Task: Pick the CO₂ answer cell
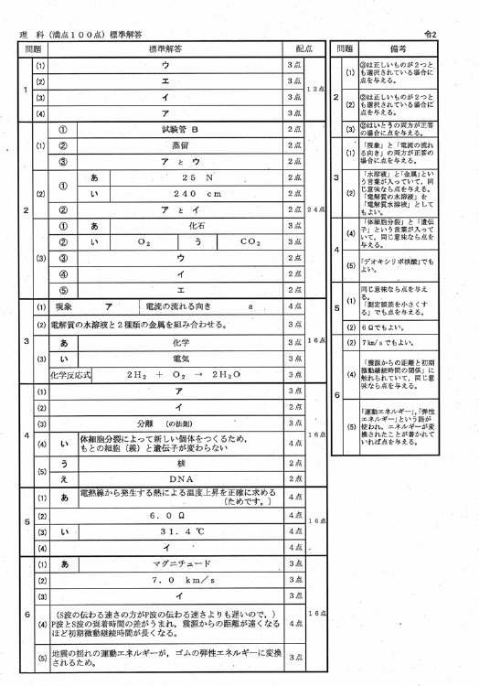pyautogui.click(x=250, y=241)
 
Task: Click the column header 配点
pyautogui.click(x=303, y=47)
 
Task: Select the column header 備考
pyautogui.click(x=396, y=47)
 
